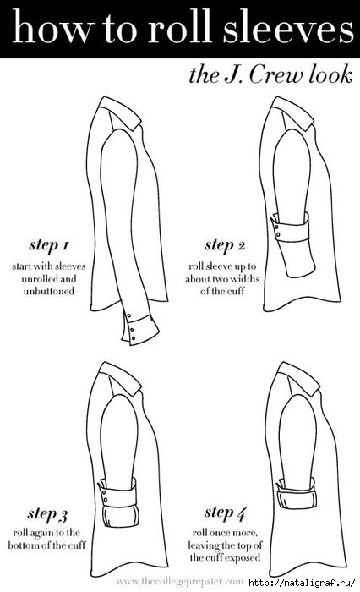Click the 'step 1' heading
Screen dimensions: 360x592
pos(49,245)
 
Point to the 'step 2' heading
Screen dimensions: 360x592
pos(225,245)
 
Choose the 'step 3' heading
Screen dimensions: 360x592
pos(47,514)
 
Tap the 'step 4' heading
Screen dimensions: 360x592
pos(226,513)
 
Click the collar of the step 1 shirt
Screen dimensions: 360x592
pos(119,112)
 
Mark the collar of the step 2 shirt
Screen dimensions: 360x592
pos(292,112)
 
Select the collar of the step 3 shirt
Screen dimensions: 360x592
pos(119,378)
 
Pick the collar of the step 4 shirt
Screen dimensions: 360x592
pos(298,378)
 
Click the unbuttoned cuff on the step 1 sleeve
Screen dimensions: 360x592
pos(140,328)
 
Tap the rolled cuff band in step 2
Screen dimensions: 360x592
pos(290,227)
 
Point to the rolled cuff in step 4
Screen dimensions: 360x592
pos(296,491)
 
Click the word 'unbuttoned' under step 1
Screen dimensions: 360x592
pos(49,292)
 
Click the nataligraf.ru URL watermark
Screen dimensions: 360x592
pos(303,582)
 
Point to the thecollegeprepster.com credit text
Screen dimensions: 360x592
pos(180,582)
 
